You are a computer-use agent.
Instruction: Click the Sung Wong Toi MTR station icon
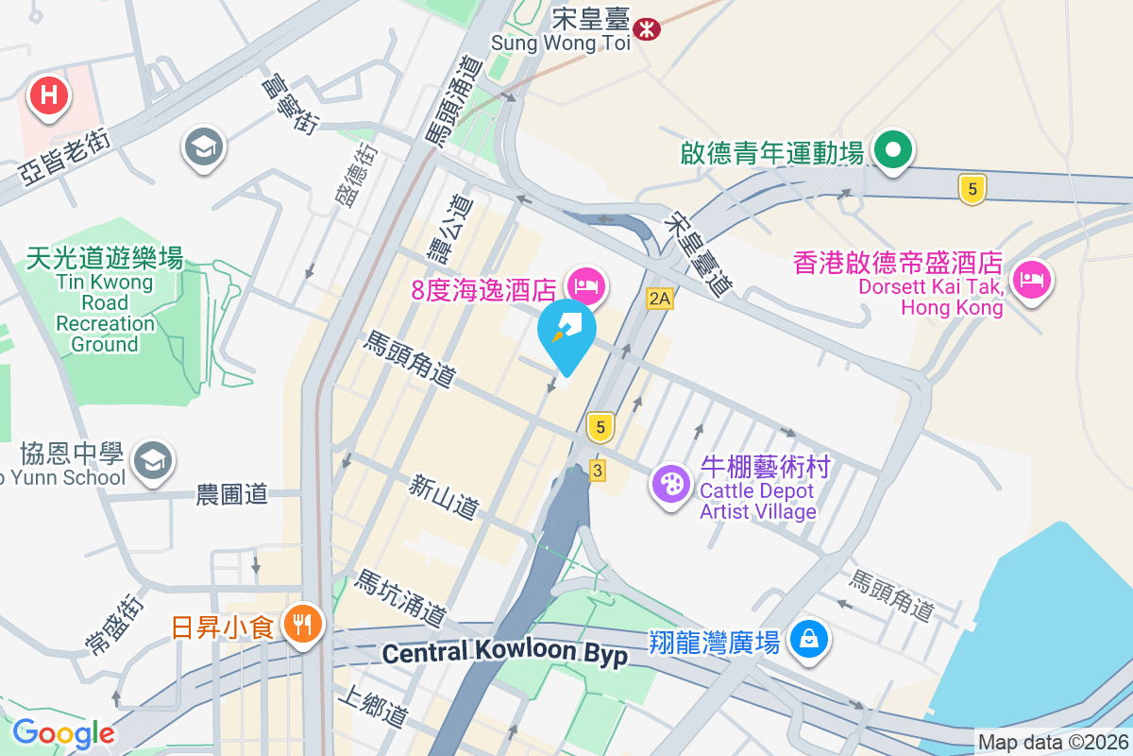(647, 28)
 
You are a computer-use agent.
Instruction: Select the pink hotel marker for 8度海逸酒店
(586, 284)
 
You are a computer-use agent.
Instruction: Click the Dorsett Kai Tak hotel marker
(1031, 280)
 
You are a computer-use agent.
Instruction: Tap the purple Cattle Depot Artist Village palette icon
(671, 486)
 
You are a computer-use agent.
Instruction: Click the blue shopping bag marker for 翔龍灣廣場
(809, 639)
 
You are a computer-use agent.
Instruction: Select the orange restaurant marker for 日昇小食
(302, 624)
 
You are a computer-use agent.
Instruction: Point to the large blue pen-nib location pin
(566, 333)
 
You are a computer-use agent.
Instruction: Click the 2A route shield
(659, 300)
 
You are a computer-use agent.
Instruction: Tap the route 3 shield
(597, 470)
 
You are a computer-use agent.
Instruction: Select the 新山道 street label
(443, 496)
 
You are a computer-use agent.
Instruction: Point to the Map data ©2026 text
(1053, 743)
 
